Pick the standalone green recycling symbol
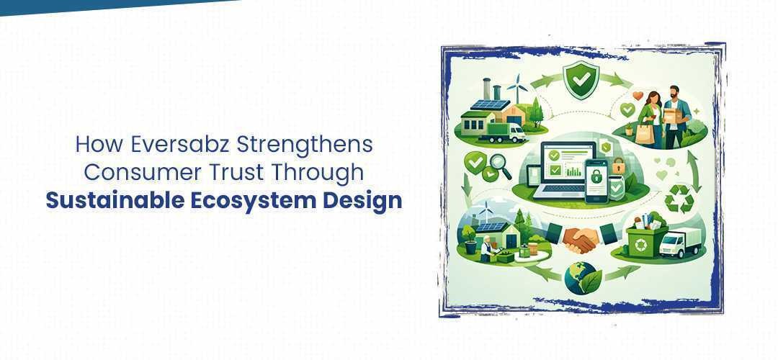679,198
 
